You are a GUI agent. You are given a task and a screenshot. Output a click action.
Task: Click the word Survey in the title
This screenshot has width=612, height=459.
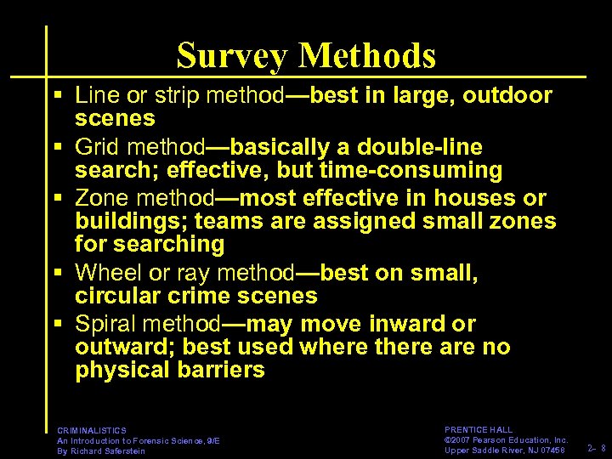pos(233,56)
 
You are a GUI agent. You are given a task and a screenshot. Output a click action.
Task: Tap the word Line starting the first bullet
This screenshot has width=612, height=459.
pos(94,95)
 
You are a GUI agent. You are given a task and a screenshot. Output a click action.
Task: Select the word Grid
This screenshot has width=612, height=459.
pos(94,147)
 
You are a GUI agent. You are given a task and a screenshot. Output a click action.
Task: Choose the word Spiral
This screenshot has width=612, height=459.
pos(105,324)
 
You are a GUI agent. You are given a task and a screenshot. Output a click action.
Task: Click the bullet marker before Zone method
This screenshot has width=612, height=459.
pos(56,199)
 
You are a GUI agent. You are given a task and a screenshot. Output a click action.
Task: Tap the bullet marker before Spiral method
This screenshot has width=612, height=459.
pos(56,325)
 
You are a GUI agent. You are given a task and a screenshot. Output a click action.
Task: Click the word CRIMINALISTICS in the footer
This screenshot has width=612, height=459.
pos(91,431)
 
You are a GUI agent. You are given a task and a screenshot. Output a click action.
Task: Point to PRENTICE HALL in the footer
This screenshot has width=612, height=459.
pos(479,430)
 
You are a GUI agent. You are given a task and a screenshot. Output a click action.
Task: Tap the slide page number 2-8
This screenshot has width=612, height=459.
pos(597,448)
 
